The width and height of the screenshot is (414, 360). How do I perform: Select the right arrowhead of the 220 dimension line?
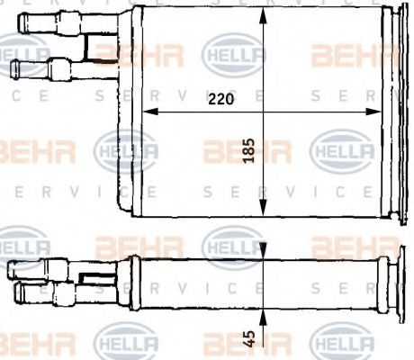tap(377, 112)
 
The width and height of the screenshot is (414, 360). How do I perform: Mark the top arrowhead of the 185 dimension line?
tap(261, 13)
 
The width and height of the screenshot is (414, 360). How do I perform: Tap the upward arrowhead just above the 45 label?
tap(261, 317)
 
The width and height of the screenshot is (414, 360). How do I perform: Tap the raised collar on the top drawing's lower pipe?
tap(56, 67)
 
